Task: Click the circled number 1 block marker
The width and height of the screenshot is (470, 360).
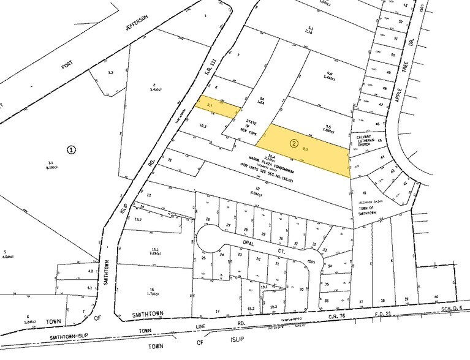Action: [x=72, y=149]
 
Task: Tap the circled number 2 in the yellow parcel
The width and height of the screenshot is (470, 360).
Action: [x=294, y=144]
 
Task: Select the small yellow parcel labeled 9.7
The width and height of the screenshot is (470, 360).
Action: [x=211, y=107]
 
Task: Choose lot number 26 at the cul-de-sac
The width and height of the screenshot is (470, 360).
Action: [x=208, y=219]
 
